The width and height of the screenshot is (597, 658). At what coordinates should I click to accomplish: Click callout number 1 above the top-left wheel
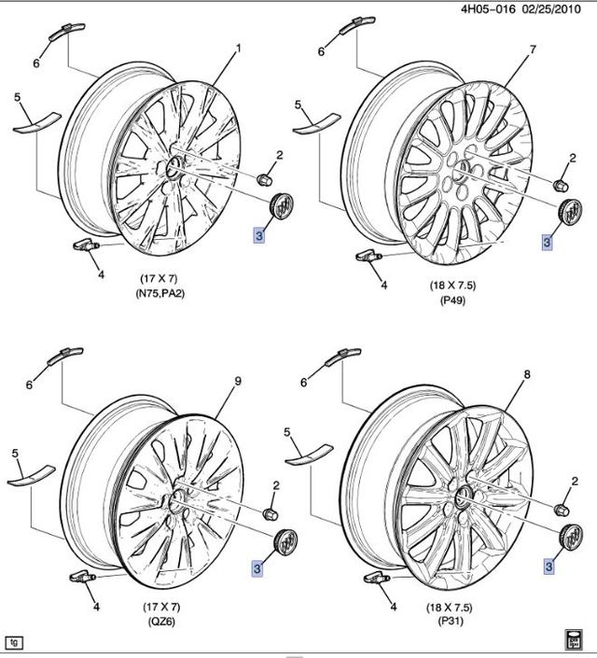pos(237,48)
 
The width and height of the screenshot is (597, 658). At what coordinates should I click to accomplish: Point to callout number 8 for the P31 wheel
pos(528,375)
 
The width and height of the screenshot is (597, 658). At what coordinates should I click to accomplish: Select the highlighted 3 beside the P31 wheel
pos(549,566)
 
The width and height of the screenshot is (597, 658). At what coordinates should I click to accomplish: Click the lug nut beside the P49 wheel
pos(562,184)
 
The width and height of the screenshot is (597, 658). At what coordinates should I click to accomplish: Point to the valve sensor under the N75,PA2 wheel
pos(86,247)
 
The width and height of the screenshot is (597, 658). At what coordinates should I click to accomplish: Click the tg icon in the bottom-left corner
pos(14,642)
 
